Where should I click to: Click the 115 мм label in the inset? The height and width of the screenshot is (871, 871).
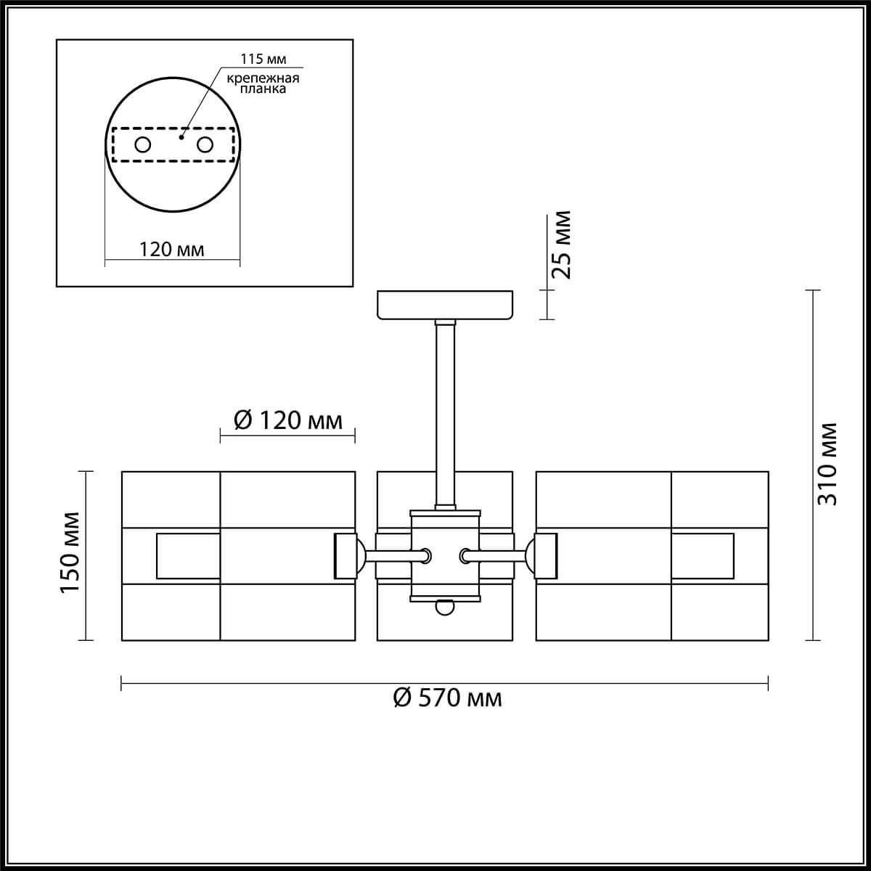click(x=257, y=58)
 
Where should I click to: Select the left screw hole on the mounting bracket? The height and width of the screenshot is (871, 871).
click(x=143, y=144)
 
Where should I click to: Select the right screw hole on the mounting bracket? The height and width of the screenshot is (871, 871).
click(x=205, y=144)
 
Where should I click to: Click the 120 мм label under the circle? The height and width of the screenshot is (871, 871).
click(x=172, y=250)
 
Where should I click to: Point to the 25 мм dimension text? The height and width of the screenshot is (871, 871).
click(x=561, y=245)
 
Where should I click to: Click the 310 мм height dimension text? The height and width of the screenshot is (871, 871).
click(x=827, y=465)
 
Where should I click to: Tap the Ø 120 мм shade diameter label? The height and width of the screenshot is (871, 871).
click(x=287, y=420)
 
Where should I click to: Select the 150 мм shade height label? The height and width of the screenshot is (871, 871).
click(x=70, y=553)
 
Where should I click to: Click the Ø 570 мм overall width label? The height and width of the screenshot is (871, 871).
click(x=447, y=698)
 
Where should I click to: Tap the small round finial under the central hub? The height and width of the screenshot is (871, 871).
click(x=444, y=608)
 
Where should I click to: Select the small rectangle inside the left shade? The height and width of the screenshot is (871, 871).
click(x=188, y=557)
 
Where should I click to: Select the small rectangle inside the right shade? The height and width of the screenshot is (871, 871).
click(x=702, y=557)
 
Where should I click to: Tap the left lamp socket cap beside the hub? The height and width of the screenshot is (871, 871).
click(x=345, y=556)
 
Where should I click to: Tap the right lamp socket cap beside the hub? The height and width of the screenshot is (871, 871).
click(x=544, y=556)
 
